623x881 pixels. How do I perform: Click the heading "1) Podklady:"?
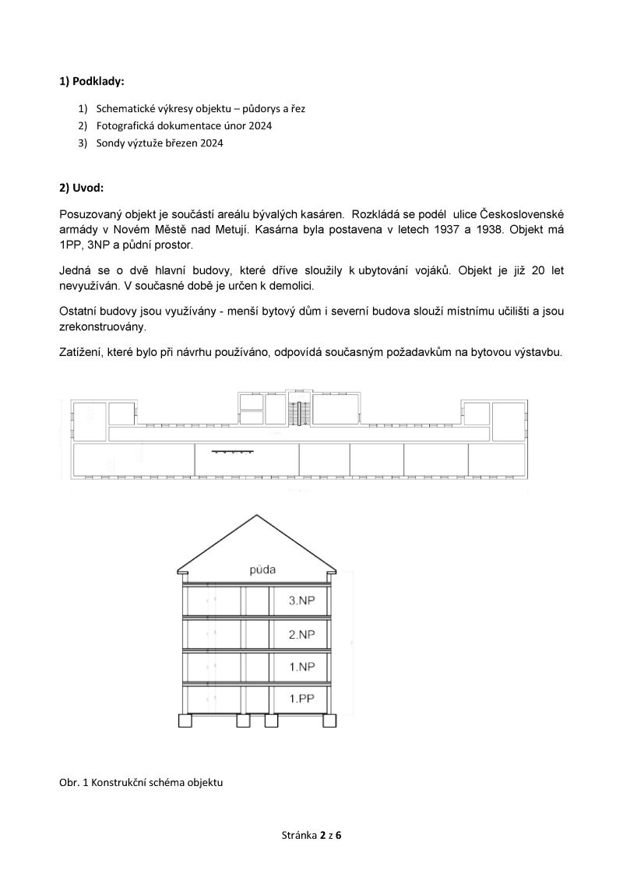pyautogui.click(x=91, y=81)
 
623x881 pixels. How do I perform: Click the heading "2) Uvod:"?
pyautogui.click(x=80, y=188)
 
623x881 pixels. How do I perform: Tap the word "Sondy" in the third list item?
pyautogui.click(x=110, y=143)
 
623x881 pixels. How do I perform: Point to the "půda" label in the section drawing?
pyautogui.click(x=264, y=570)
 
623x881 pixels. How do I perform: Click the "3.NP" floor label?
pyautogui.click(x=301, y=601)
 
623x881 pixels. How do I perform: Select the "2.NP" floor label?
pyautogui.click(x=301, y=634)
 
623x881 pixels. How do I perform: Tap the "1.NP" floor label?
pyautogui.click(x=301, y=667)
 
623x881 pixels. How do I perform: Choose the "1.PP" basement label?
pyautogui.click(x=301, y=699)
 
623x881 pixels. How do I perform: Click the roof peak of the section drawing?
pyautogui.click(x=256, y=515)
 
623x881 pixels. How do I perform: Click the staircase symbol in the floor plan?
pyautogui.click(x=297, y=412)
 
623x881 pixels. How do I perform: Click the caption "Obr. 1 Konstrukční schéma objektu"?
pyautogui.click(x=141, y=782)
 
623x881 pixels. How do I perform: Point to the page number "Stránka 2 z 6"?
pyautogui.click(x=311, y=835)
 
